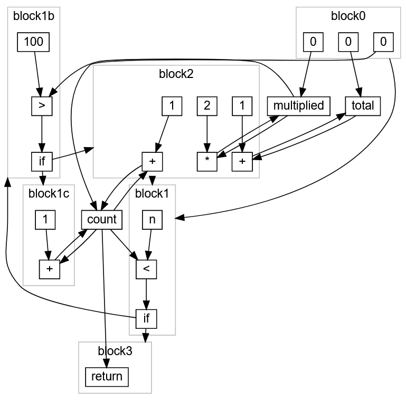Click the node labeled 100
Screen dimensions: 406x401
click(x=33, y=42)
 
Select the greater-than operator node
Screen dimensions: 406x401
click(x=42, y=106)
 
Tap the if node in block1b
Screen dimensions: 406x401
click(x=42, y=161)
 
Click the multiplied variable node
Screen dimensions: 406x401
click(x=298, y=106)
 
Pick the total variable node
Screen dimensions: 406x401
click(x=363, y=106)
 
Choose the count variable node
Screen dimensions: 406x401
click(x=102, y=220)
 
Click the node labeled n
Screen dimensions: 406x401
click(x=152, y=220)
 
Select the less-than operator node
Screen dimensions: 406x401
click(x=146, y=269)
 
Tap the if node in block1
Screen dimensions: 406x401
click(x=146, y=319)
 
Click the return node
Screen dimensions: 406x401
click(x=107, y=377)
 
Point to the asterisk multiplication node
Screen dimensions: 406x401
click(x=207, y=161)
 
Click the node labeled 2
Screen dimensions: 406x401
click(x=207, y=106)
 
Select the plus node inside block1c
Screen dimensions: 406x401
click(x=50, y=269)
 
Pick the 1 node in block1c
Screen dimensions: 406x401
click(x=45, y=220)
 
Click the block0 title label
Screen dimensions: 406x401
click(x=348, y=16)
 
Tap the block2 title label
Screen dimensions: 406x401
click(x=176, y=74)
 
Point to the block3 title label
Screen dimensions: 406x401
click(x=115, y=351)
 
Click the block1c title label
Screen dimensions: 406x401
click(x=49, y=194)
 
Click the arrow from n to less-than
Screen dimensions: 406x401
click(x=149, y=244)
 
